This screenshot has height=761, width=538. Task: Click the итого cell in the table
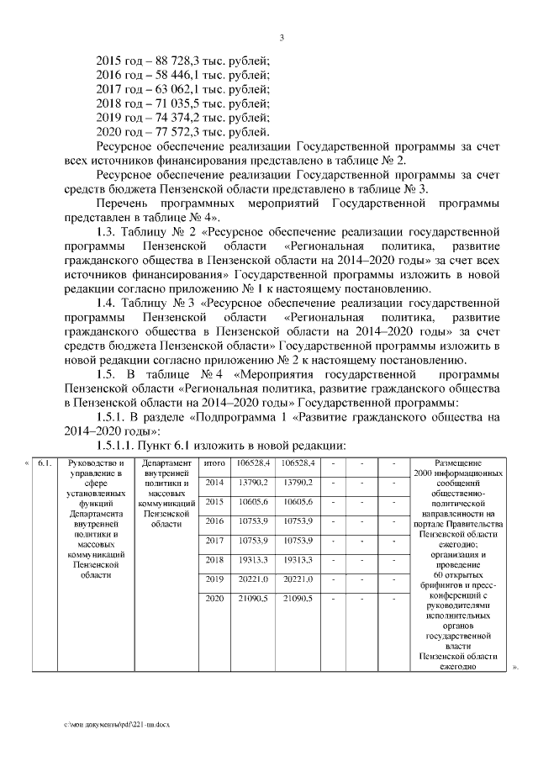(214, 462)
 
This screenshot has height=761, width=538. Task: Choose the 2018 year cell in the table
(214, 559)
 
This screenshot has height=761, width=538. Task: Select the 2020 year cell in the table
(214, 598)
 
